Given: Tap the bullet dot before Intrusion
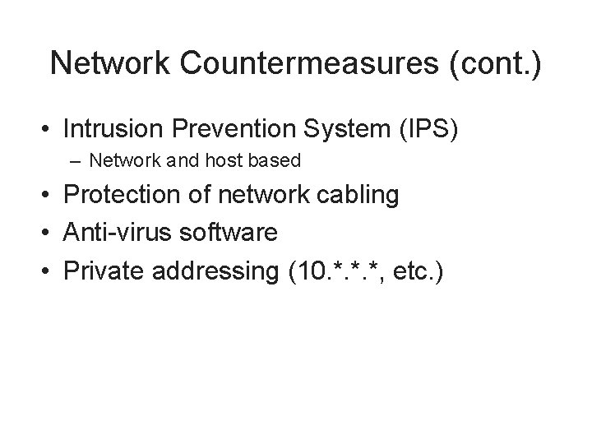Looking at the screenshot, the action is click(50, 130).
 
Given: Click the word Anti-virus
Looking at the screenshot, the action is click(116, 234).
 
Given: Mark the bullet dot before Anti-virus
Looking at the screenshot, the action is click(50, 234).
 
